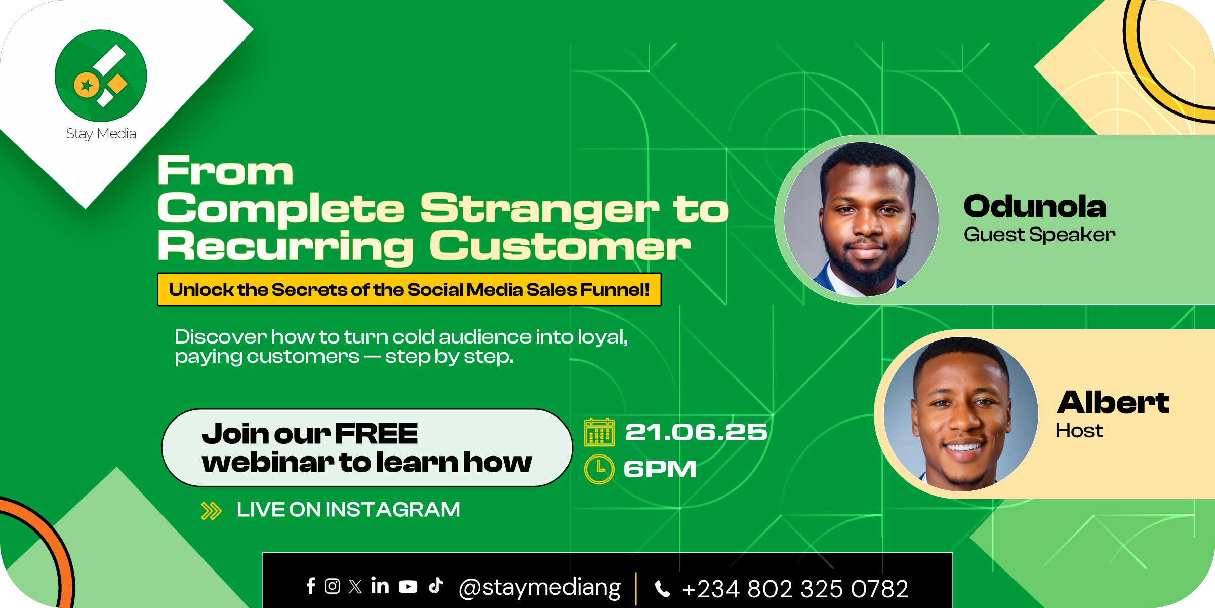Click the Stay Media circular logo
(x=101, y=75)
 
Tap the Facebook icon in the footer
(x=311, y=586)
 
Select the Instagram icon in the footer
(x=332, y=586)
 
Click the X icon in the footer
(x=355, y=586)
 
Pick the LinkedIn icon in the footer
(x=380, y=585)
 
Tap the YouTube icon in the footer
(x=408, y=587)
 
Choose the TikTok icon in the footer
(x=436, y=585)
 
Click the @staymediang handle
(x=540, y=588)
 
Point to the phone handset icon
(x=663, y=589)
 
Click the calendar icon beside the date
(x=599, y=432)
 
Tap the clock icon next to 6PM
(x=599, y=469)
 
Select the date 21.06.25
(x=697, y=432)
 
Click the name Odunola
(x=1035, y=207)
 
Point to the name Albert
(x=1113, y=403)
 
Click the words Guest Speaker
(x=1040, y=235)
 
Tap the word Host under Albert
(x=1079, y=431)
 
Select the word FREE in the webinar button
(x=377, y=434)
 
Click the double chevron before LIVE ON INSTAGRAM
(x=212, y=511)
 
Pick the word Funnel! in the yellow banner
(x=615, y=289)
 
